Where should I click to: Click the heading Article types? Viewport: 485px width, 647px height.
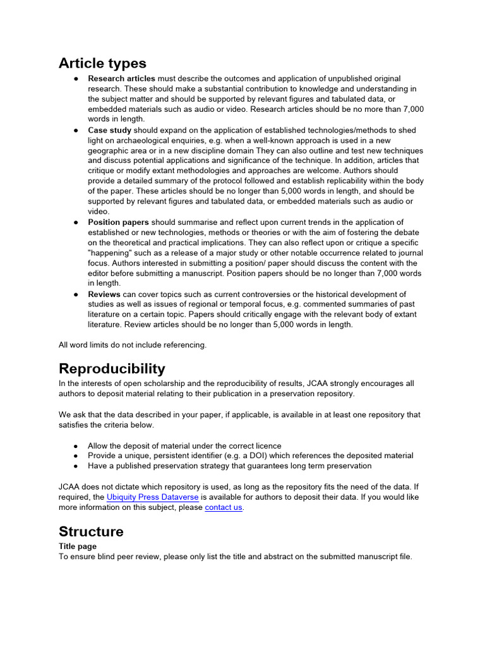[x=102, y=63]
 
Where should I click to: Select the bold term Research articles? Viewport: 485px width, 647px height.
[x=121, y=78]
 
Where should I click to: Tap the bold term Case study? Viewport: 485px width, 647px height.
[x=109, y=130]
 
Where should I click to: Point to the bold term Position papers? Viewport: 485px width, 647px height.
[x=118, y=222]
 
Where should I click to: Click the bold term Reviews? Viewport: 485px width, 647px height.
[x=104, y=294]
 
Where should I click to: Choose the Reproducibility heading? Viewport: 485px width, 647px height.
[x=112, y=368]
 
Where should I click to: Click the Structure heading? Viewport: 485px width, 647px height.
[x=91, y=531]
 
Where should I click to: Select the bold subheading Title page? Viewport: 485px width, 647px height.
[x=78, y=546]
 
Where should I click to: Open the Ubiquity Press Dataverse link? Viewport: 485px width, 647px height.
[x=152, y=497]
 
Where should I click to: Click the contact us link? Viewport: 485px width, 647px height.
[x=224, y=507]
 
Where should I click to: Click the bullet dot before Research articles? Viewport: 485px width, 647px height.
[x=76, y=79]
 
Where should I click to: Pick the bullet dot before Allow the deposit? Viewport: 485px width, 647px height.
[x=76, y=446]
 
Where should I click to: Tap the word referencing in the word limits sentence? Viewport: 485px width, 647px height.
[x=185, y=345]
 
